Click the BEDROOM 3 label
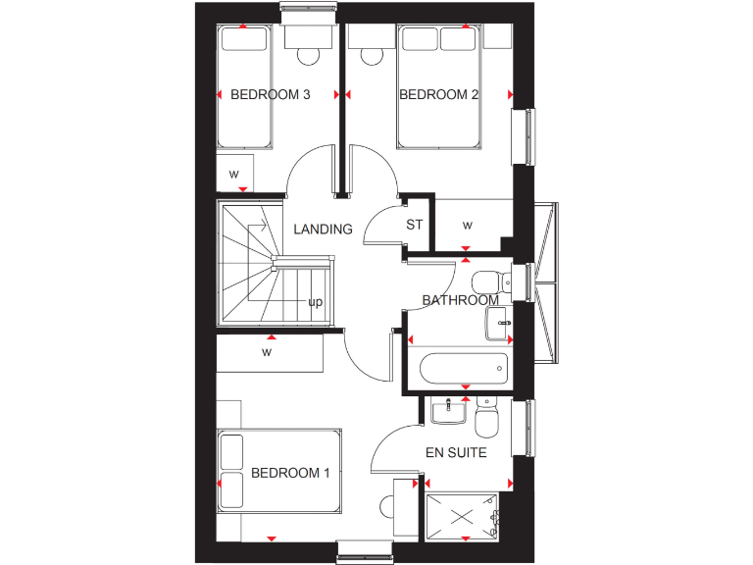(x=271, y=95)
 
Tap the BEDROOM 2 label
(x=438, y=95)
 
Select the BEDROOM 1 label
(x=290, y=473)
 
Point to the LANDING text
(x=323, y=230)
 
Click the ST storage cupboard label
(x=415, y=225)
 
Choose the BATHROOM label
(x=460, y=300)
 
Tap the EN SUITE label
(x=455, y=453)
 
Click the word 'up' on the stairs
(x=316, y=302)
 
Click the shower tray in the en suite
(x=462, y=516)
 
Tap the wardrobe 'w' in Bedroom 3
(x=234, y=175)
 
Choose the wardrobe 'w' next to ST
(x=468, y=226)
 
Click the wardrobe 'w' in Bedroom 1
(x=267, y=351)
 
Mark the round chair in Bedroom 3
(x=309, y=54)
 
